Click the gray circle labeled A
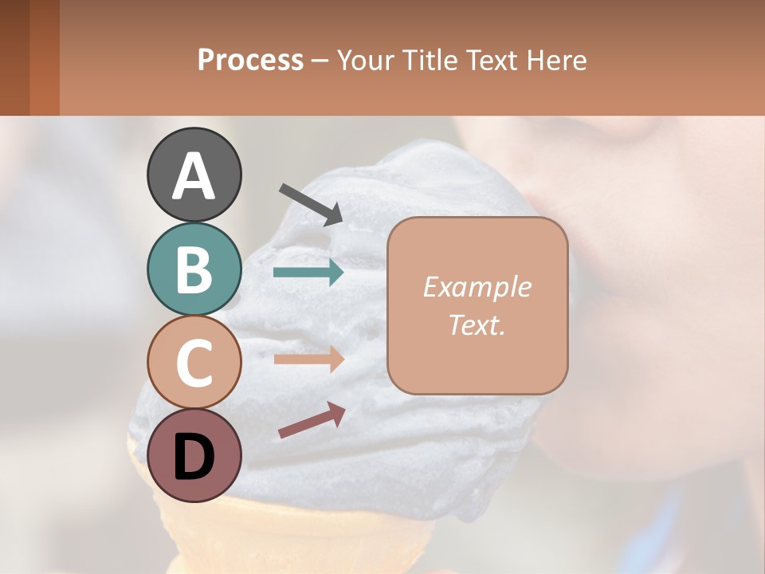coord(194,175)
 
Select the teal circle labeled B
coord(194,269)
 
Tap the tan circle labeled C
coord(194,362)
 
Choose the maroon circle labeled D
coord(194,455)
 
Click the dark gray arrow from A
coord(311,203)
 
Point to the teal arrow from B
coord(308,273)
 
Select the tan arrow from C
coord(308,360)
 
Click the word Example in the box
coord(477,287)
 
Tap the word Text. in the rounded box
coord(477,325)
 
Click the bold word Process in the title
coord(250,60)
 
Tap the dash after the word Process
coord(320,61)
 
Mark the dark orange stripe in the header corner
coord(44,57)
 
